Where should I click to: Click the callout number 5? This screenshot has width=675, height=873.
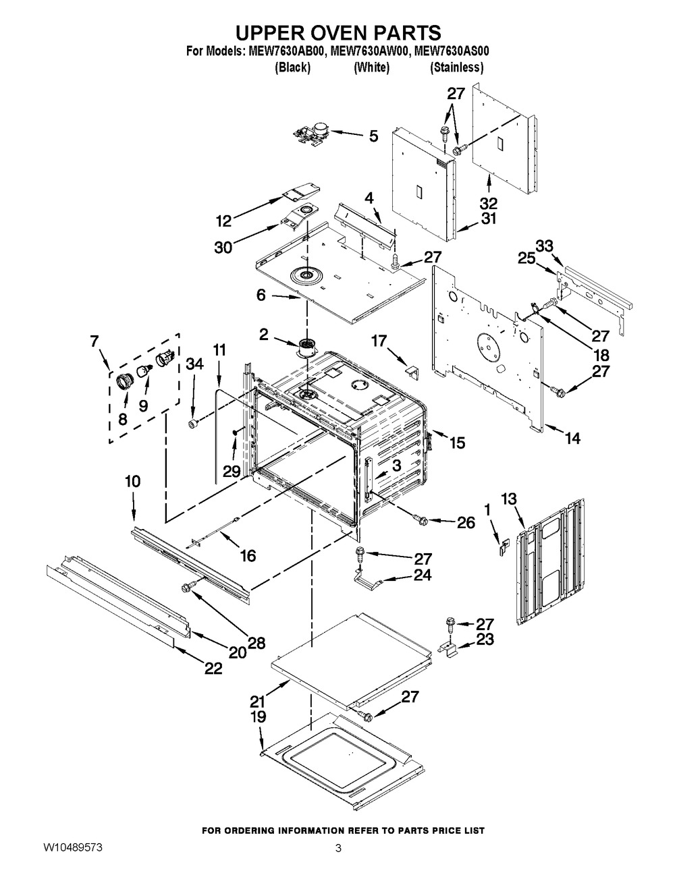coord(373,136)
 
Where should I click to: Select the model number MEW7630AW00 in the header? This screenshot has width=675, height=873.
coord(370,51)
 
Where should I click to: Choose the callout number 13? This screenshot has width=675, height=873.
coord(509,499)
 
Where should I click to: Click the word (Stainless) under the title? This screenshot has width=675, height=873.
coord(457,67)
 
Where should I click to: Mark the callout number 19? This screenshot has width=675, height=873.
coord(258,716)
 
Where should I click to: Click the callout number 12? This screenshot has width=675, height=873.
coord(223,220)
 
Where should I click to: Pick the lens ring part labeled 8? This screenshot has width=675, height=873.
coord(125,383)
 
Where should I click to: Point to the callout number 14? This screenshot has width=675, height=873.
coord(572,438)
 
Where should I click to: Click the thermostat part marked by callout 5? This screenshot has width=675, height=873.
coord(309,132)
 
